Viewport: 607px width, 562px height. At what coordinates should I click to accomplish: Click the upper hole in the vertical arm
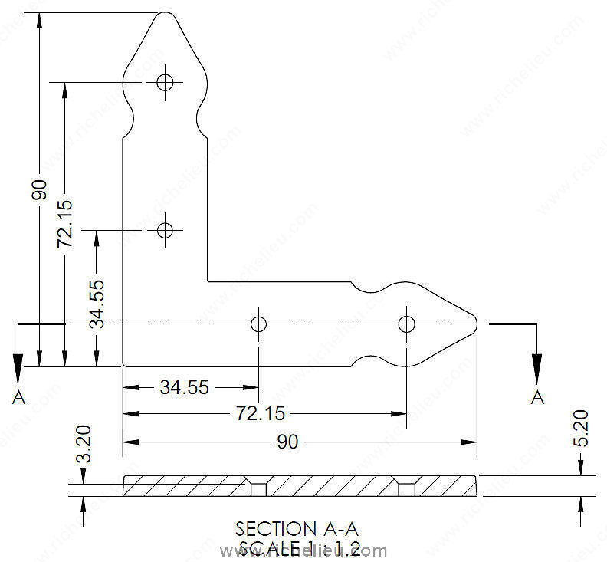(x=165, y=81)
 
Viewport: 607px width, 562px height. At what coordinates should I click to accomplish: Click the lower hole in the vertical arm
(x=165, y=229)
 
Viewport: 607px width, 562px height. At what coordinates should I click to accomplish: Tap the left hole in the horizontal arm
(x=259, y=324)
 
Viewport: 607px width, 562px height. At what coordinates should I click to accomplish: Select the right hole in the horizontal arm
(x=407, y=324)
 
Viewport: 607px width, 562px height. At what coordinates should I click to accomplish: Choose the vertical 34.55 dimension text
(x=97, y=304)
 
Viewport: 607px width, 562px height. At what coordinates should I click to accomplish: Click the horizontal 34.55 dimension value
(x=185, y=387)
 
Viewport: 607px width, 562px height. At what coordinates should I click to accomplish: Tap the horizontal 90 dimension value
(x=288, y=442)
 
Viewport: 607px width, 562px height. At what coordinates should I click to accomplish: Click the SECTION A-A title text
(x=297, y=529)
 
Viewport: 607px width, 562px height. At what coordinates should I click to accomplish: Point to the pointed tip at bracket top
(x=165, y=13)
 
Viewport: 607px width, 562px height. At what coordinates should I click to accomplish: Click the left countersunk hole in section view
(x=257, y=487)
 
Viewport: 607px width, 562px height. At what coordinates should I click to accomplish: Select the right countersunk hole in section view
(x=405, y=487)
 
